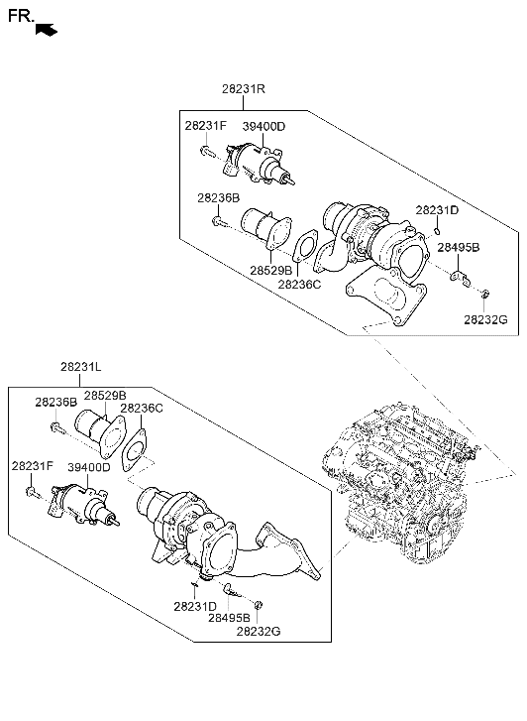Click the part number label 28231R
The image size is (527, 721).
click(x=244, y=88)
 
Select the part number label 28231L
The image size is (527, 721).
click(x=81, y=367)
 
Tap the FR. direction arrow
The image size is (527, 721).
click(x=47, y=30)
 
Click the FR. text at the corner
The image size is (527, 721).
click(x=21, y=16)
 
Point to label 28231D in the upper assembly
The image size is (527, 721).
click(x=437, y=210)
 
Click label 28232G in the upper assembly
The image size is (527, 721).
click(x=485, y=319)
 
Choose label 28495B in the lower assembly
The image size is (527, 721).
click(x=229, y=618)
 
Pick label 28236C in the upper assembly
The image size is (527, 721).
click(x=299, y=285)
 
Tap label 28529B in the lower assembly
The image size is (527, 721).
click(x=105, y=396)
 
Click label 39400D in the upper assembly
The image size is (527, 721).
click(x=263, y=126)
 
